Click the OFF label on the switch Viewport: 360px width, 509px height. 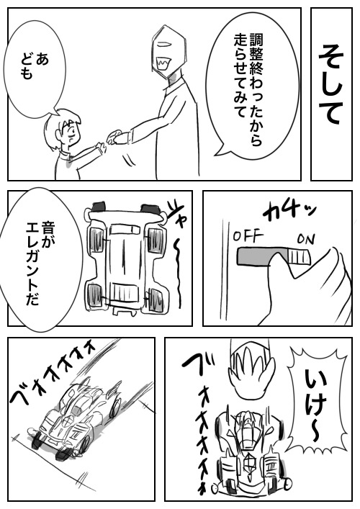point(248,236)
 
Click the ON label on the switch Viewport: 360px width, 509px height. point(306,239)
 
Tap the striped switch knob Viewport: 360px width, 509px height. point(299,256)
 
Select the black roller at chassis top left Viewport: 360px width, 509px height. point(100,207)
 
